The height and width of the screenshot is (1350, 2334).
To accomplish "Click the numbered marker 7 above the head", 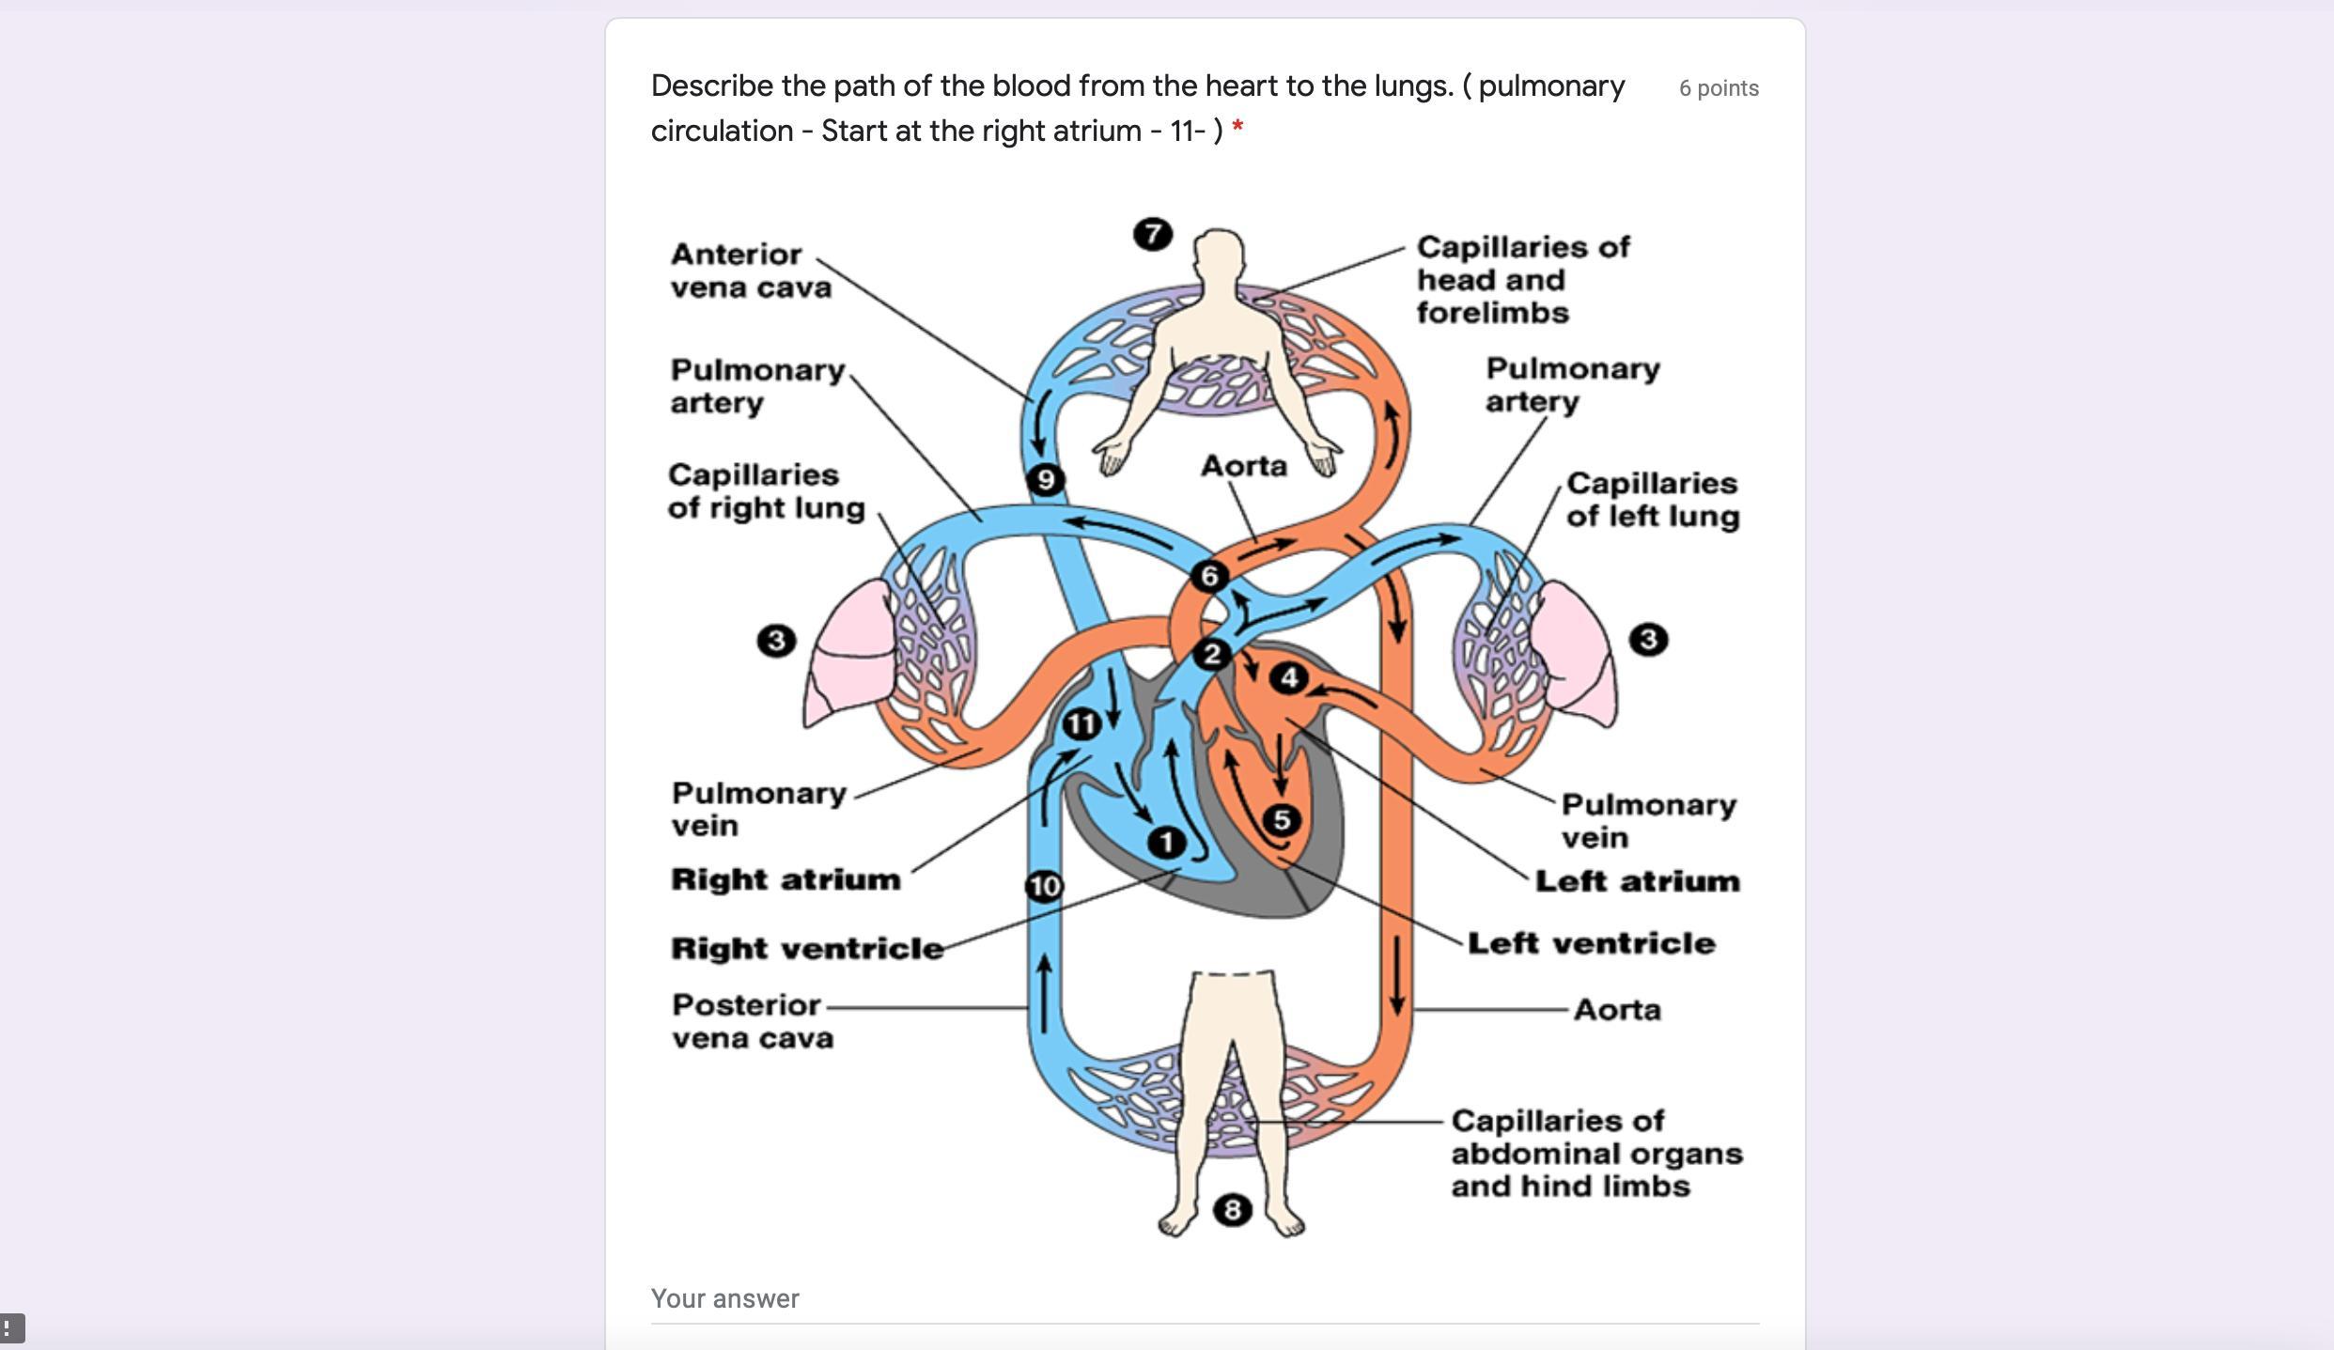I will click(x=1153, y=234).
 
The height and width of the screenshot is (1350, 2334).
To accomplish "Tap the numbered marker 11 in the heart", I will click(x=1081, y=724).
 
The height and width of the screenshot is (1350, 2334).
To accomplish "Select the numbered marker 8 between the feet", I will click(x=1232, y=1210).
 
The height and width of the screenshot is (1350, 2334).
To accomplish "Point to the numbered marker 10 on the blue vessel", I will click(x=1044, y=886).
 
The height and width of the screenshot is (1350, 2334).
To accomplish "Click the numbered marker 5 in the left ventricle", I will click(x=1282, y=820).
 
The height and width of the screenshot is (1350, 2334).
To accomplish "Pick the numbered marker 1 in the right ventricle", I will click(x=1167, y=842).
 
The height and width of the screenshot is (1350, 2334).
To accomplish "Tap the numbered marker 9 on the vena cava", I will click(x=1046, y=480).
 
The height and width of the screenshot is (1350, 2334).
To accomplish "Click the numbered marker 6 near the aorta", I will click(x=1209, y=576).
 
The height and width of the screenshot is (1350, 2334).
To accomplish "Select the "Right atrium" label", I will click(x=786, y=879).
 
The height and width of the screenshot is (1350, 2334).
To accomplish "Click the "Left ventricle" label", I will click(x=1591, y=943).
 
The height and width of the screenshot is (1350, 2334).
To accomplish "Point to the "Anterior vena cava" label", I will click(x=750, y=271).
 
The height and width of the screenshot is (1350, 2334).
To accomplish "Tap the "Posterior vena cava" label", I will click(x=752, y=1021).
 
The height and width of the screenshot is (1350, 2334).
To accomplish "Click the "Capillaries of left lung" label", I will click(x=1652, y=499).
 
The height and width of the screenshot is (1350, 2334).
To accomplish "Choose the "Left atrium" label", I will click(x=1637, y=881).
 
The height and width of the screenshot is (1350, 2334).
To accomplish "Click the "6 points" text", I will click(x=1719, y=88).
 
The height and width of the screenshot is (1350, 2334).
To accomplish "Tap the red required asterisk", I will click(x=1237, y=129).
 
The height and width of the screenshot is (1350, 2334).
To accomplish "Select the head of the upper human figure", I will click(x=1219, y=254).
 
